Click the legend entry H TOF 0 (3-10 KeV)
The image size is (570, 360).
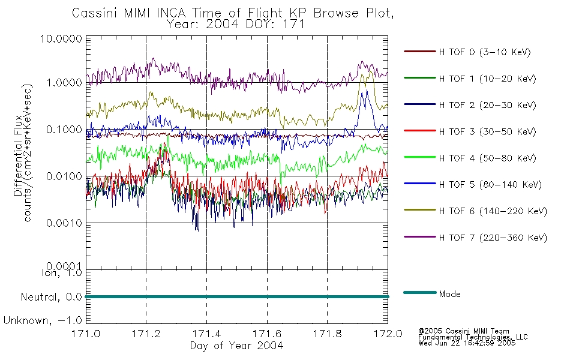[485, 52]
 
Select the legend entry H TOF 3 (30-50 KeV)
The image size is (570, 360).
[487, 131]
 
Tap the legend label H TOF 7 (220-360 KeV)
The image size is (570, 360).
[493, 238]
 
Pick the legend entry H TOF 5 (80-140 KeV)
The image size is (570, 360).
[490, 185]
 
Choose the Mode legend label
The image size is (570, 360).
[449, 294]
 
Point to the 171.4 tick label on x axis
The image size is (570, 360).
[206, 334]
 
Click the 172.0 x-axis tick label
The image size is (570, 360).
[388, 334]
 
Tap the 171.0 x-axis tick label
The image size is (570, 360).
[86, 334]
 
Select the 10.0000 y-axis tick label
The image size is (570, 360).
[61, 38]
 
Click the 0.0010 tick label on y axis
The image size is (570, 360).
[64, 223]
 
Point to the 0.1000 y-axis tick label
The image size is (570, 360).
[64, 130]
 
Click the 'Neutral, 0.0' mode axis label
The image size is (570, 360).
[51, 298]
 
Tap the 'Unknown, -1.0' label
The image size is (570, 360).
[43, 321]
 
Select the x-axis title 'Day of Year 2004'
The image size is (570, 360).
[236, 346]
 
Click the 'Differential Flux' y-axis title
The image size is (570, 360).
[18, 155]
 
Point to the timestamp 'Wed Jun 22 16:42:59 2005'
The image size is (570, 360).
[467, 343]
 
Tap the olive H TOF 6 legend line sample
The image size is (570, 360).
[420, 210]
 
